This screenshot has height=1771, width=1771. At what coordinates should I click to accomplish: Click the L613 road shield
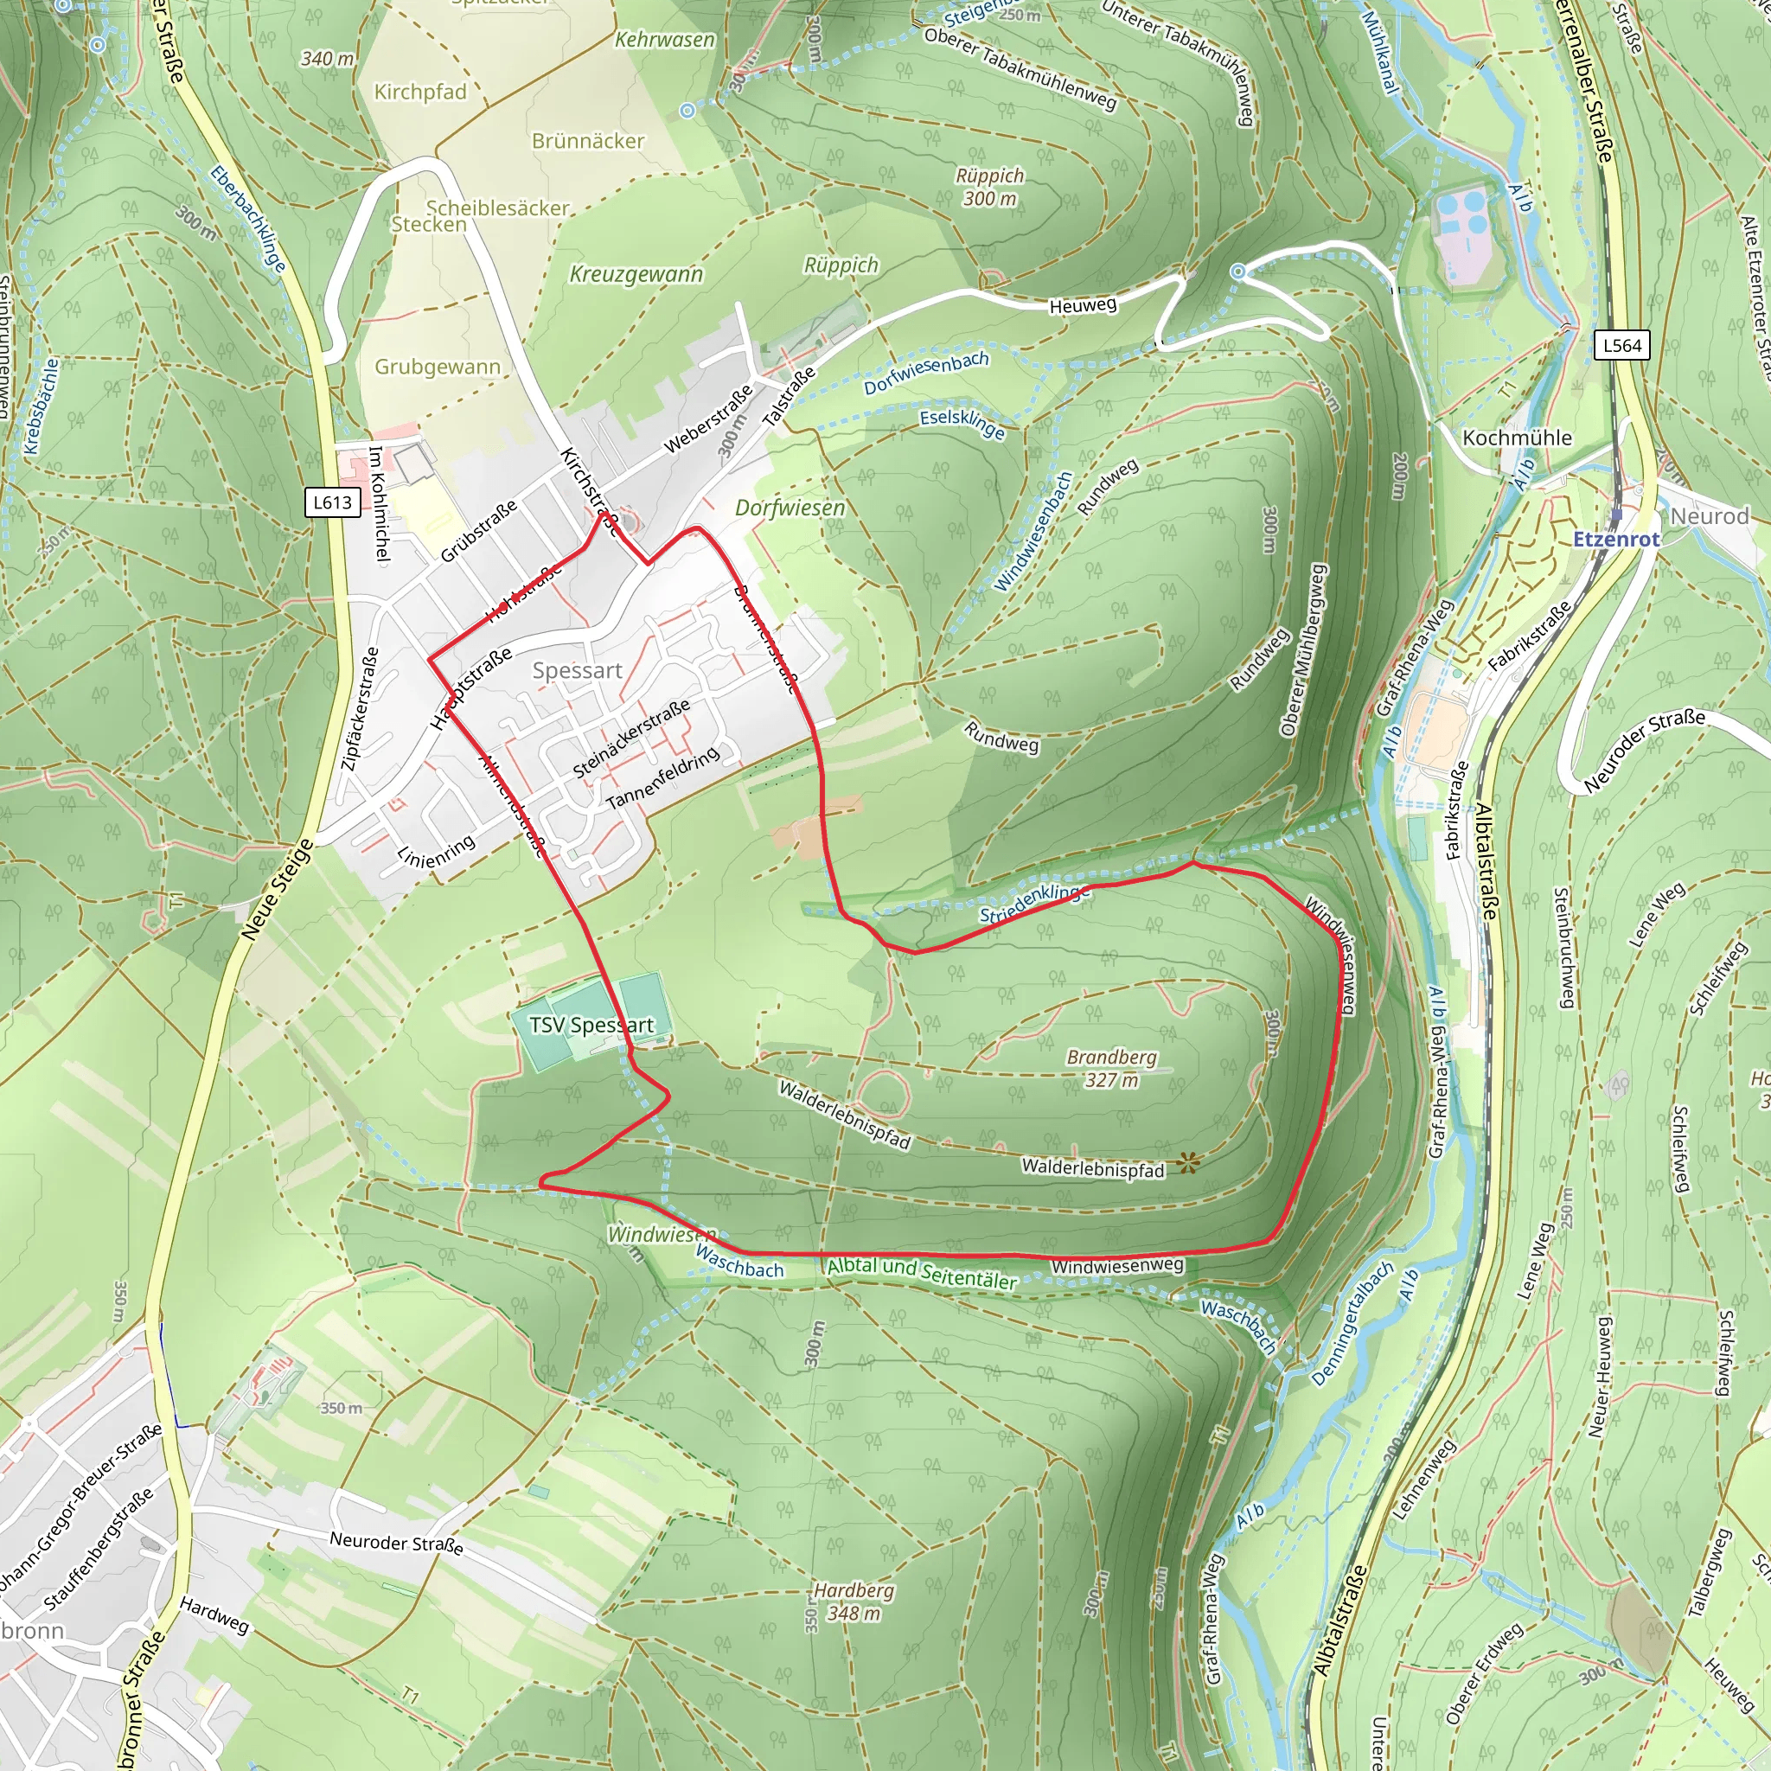(332, 502)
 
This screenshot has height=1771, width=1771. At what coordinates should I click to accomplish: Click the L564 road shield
(1621, 346)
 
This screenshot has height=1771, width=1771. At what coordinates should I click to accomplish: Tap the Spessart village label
(577, 670)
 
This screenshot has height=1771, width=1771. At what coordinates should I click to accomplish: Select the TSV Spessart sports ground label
(591, 1025)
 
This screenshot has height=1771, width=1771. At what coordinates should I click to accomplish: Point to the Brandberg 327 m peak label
(1111, 1068)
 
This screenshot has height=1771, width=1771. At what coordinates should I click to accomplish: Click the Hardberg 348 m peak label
(854, 1602)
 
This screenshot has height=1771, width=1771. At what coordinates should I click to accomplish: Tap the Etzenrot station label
(1616, 539)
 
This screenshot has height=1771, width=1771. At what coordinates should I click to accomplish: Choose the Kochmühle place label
(1516, 438)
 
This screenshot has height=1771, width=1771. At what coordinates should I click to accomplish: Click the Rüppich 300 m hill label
(989, 186)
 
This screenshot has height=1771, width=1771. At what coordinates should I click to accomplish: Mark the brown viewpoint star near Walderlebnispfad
(1189, 1163)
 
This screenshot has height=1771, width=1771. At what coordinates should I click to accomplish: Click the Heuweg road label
(1083, 305)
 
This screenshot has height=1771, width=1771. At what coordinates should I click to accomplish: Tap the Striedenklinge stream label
(1034, 903)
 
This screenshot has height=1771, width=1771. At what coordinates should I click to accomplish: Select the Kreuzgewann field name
(636, 274)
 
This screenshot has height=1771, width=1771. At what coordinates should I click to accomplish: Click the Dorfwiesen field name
(790, 507)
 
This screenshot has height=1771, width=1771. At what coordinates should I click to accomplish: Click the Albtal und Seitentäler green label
(921, 1273)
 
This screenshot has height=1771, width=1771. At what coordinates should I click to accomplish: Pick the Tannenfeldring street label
(662, 779)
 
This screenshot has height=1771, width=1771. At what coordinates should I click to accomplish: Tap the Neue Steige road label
(278, 889)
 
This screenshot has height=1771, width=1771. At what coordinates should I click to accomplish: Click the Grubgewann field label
(438, 367)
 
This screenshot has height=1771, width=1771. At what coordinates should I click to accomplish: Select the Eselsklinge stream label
(962, 423)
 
